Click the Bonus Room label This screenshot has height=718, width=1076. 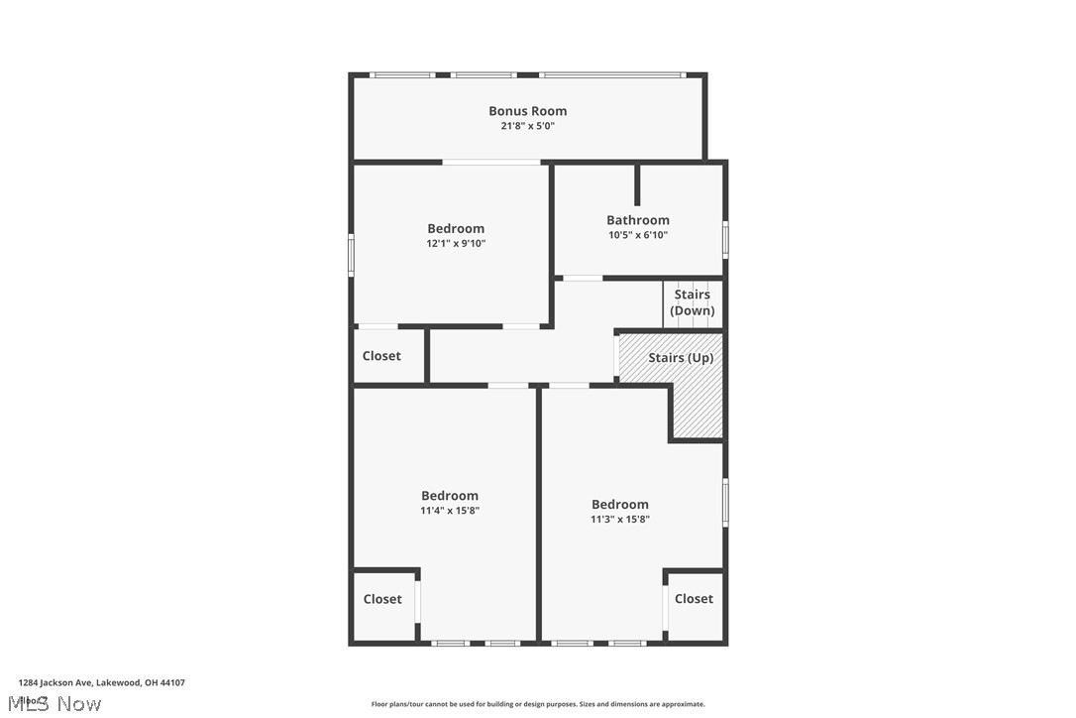(x=527, y=111)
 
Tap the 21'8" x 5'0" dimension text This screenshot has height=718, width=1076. (x=527, y=126)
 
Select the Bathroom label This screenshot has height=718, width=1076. (x=638, y=220)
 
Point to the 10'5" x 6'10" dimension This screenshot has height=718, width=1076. (x=638, y=235)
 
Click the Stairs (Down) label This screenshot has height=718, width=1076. (x=693, y=302)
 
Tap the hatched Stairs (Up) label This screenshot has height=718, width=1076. (x=681, y=358)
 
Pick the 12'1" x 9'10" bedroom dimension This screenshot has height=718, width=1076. (x=456, y=243)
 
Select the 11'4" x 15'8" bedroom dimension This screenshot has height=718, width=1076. (x=450, y=511)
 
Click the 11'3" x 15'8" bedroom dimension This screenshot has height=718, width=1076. (x=620, y=519)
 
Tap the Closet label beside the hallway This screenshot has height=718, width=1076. (x=381, y=356)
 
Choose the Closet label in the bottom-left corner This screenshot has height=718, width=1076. (x=382, y=599)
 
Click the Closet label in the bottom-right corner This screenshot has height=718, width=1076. (x=694, y=599)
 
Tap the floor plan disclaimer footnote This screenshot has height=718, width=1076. (x=538, y=704)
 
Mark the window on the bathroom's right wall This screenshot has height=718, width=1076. (x=725, y=239)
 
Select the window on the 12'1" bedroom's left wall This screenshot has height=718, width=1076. (x=351, y=253)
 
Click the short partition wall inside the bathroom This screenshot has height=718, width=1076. (x=638, y=184)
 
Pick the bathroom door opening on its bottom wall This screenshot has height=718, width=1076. (x=583, y=278)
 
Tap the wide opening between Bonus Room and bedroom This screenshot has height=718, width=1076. (x=491, y=162)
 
